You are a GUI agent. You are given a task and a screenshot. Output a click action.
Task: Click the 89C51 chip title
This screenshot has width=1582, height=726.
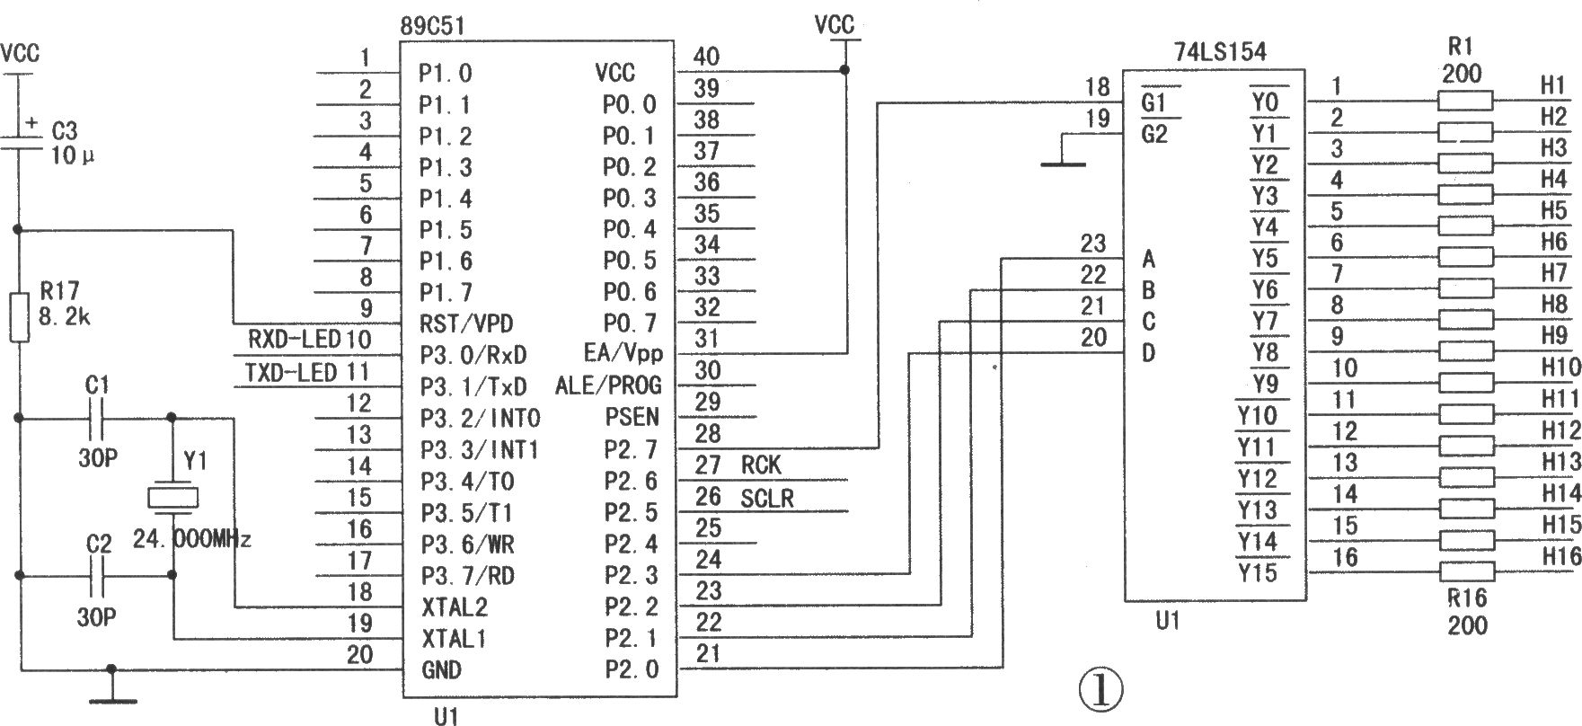coord(434,26)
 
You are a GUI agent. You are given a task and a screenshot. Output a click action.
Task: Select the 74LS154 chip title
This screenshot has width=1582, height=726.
coord(1220,52)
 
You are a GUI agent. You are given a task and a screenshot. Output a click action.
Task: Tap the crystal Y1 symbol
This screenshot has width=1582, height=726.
coord(172,498)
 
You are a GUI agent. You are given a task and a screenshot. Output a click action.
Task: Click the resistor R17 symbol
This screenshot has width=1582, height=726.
coord(18,316)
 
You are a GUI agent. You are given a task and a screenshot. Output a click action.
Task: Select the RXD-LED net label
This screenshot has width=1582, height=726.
coord(294,340)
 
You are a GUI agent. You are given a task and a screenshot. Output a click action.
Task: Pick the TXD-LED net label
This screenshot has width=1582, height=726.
coord(291,372)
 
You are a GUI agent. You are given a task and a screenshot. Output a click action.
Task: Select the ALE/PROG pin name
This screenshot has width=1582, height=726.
coord(608,385)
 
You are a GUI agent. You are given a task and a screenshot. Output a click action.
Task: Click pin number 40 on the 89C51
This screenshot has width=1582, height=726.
coord(706,57)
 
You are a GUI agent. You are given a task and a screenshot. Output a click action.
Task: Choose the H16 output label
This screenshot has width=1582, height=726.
coord(1561,557)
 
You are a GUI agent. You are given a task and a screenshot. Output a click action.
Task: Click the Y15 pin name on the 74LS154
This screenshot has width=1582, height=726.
coord(1257,572)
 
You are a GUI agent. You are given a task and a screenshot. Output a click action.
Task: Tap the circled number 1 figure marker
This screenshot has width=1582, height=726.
coord(1100,690)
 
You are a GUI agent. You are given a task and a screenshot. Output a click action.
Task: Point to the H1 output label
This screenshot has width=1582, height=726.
coord(1554,85)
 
